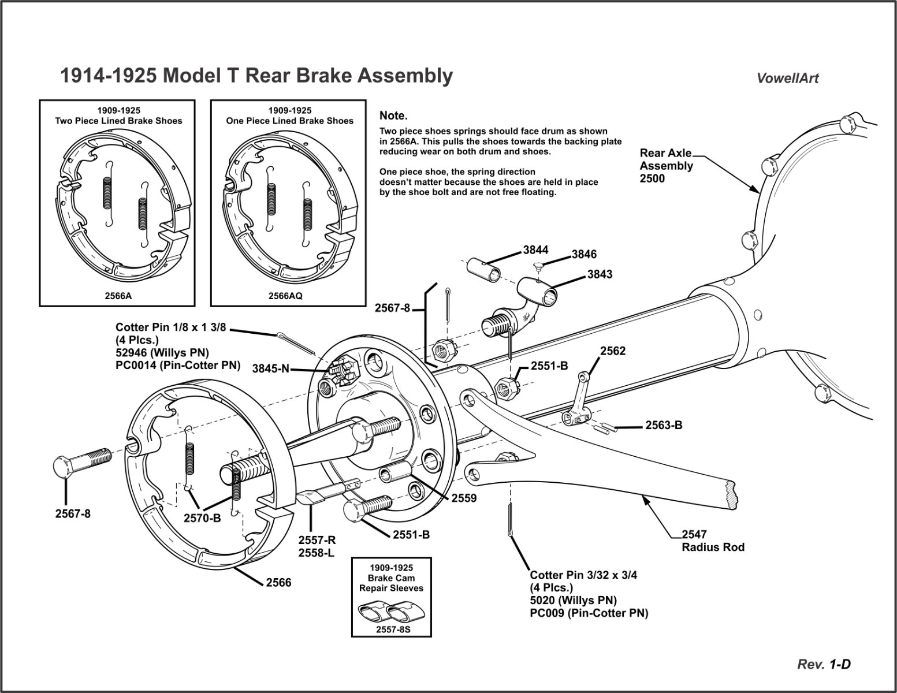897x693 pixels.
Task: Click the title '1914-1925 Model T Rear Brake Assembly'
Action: (x=256, y=76)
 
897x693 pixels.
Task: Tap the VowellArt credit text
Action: (x=787, y=79)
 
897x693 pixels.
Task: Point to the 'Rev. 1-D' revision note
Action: (x=824, y=665)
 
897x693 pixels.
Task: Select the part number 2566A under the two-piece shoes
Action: (x=118, y=295)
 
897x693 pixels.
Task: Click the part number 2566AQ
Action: (x=285, y=295)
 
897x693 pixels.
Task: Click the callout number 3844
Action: (x=535, y=250)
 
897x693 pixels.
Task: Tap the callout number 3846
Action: (x=584, y=254)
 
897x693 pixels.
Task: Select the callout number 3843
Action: (x=600, y=274)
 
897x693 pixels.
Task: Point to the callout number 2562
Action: (x=613, y=351)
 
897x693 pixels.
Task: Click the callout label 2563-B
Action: (x=664, y=426)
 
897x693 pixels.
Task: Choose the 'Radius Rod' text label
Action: (x=713, y=547)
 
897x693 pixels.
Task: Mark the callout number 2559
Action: (x=464, y=498)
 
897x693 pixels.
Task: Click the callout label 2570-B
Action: (x=202, y=518)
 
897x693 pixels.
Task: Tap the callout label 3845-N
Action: (x=270, y=368)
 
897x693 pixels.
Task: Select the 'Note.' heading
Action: (x=393, y=116)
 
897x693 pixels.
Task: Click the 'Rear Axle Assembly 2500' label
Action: (x=666, y=166)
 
